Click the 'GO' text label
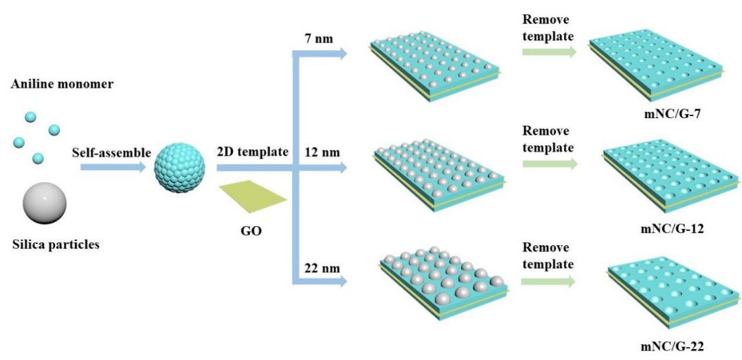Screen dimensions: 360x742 [x=252, y=231]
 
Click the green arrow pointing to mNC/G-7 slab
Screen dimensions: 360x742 [x=548, y=52]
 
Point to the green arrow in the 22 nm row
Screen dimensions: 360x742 [x=548, y=282]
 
